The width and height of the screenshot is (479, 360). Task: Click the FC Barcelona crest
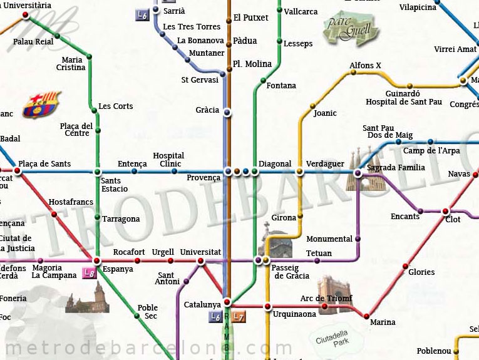pos(43,105)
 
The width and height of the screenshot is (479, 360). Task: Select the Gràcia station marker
pos(227,113)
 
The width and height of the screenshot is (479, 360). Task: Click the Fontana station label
pos(281,86)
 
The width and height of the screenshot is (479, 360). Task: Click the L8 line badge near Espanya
pos(90,273)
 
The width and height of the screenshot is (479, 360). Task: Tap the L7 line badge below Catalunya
pos(237,317)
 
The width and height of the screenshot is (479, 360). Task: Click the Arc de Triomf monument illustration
pos(331,291)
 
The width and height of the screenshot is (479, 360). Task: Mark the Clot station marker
pos(445,211)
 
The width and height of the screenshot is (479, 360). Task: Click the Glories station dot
pos(404,266)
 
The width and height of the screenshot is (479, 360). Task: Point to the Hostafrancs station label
pos(71,202)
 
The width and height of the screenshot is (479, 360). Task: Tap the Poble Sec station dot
pos(137,316)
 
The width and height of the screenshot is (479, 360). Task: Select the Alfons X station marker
pos(353,72)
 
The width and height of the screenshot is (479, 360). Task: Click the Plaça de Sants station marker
pos(18,170)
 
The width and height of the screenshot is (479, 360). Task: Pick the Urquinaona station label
pos(294,314)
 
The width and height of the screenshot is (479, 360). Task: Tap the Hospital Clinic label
pos(168,160)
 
